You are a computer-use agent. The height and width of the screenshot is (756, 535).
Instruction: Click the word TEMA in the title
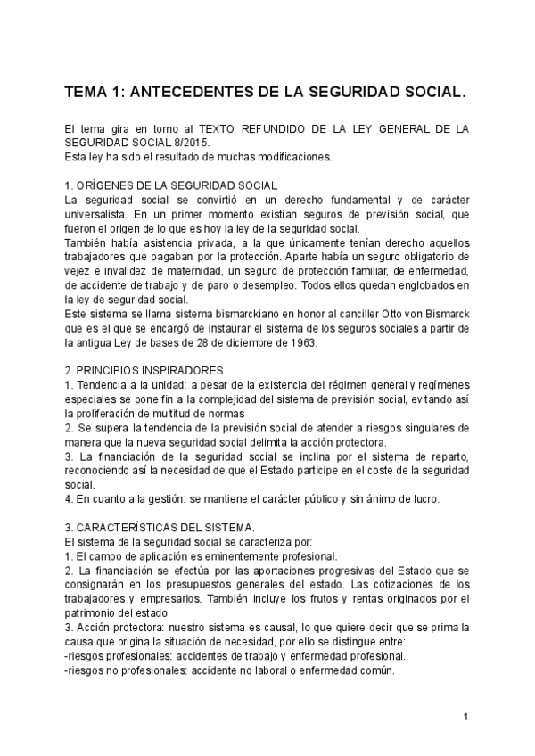[x=88, y=92]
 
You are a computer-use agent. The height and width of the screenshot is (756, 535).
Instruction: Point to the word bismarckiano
[x=202, y=316]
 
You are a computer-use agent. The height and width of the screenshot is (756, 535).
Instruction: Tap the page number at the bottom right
[x=465, y=718]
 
